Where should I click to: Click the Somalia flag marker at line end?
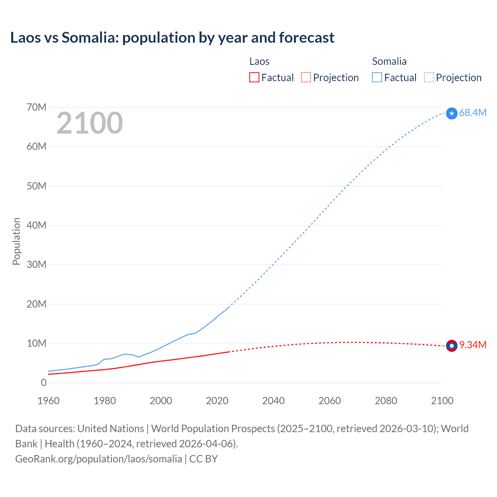click(x=452, y=113)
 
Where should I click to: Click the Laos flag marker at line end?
click(x=452, y=346)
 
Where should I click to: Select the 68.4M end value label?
click(x=473, y=113)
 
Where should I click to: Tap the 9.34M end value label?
click(x=473, y=345)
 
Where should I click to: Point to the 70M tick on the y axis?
click(x=36, y=108)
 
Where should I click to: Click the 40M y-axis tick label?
click(x=36, y=226)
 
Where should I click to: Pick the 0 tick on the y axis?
click(x=43, y=383)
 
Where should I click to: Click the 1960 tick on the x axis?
click(x=49, y=401)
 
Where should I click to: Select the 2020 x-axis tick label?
click(x=217, y=401)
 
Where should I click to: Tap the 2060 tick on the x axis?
click(x=330, y=401)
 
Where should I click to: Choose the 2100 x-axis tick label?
click(x=442, y=401)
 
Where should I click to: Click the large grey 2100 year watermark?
click(x=90, y=123)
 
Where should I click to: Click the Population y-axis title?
click(x=16, y=242)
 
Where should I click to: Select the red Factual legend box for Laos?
click(x=254, y=78)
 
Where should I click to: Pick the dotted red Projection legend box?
click(x=306, y=78)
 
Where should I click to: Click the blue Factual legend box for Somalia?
click(x=377, y=78)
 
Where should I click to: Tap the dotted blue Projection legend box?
click(x=429, y=78)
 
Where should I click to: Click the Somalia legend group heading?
click(x=389, y=61)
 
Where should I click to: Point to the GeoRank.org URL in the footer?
click(x=99, y=459)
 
